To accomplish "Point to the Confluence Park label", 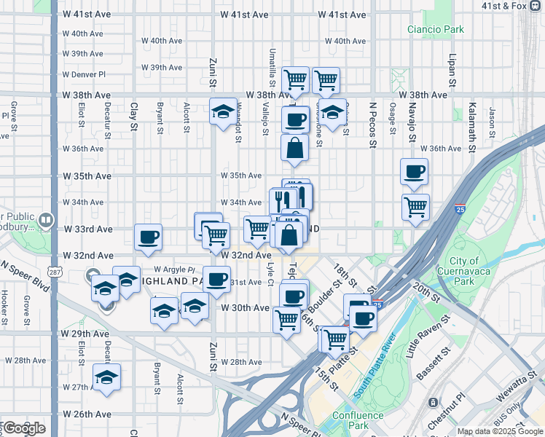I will point(358,420).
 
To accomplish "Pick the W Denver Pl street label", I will point(85,74).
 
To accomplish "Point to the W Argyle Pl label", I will point(175,269).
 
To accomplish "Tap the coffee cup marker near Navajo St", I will point(414,172).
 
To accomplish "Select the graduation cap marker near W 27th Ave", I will point(107,378).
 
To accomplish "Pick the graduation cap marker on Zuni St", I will point(223,111).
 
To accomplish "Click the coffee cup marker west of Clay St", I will point(149,237).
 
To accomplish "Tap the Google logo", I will point(23,429).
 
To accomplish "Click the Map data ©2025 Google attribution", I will point(499,431).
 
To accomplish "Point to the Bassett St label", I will point(431,364).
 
